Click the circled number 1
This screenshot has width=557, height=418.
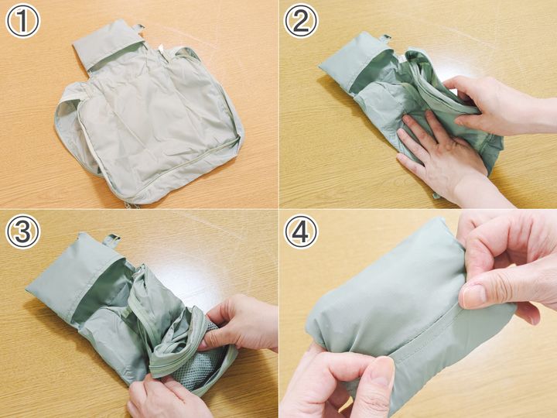pyautogui.click(x=23, y=21)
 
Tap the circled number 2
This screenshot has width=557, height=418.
pyautogui.click(x=301, y=21)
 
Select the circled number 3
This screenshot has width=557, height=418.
pyautogui.click(x=23, y=231)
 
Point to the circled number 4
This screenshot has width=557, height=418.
pyautogui.click(x=301, y=231)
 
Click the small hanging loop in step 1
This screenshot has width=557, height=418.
pyautogui.click(x=139, y=28)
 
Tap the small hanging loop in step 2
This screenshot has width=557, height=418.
pyautogui.click(x=384, y=38)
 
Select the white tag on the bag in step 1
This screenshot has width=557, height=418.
pyautogui.click(x=161, y=49)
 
